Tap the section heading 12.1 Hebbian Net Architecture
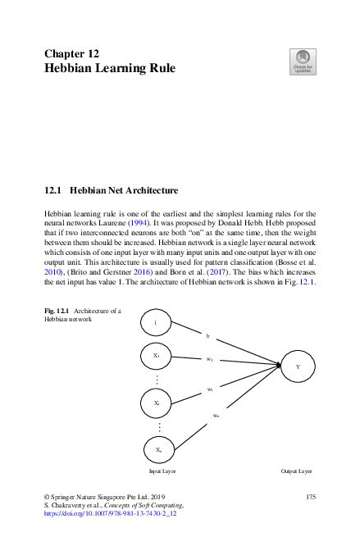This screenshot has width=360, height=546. [x=111, y=191]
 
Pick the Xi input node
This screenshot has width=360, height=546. [x=157, y=404]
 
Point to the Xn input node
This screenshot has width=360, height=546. [x=157, y=450]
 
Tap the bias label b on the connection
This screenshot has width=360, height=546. [x=208, y=336]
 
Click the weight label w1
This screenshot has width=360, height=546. [x=210, y=359]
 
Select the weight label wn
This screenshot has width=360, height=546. [x=216, y=416]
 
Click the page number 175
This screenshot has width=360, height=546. [x=310, y=498]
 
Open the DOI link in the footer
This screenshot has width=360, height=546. [x=110, y=516]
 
